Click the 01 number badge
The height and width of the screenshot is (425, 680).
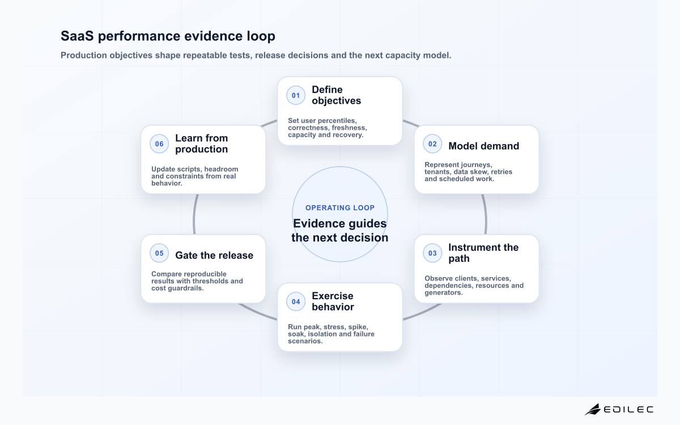[x=296, y=95]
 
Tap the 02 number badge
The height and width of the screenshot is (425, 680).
[x=432, y=144]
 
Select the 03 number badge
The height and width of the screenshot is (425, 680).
[x=432, y=253]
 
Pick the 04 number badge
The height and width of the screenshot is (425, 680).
[x=296, y=301]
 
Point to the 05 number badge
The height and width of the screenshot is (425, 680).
[x=159, y=253]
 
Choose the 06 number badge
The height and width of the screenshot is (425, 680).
[x=159, y=144]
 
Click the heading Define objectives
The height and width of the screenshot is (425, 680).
[x=337, y=95]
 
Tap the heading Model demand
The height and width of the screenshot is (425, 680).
[x=483, y=146]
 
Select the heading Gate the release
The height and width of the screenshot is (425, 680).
[x=214, y=256]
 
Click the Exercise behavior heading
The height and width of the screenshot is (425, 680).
[x=333, y=301]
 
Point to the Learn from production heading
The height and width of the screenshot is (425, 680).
[x=201, y=143]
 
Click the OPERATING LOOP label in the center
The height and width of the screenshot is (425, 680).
[x=339, y=207]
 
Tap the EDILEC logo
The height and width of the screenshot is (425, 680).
[x=619, y=409]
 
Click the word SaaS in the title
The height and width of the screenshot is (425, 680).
[x=77, y=36]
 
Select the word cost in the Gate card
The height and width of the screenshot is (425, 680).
[x=159, y=288]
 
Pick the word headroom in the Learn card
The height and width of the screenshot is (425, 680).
[x=224, y=169]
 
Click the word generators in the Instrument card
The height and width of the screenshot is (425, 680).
[x=444, y=292]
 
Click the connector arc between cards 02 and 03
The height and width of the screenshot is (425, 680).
[x=485, y=214]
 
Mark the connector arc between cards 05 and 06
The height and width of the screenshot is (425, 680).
[x=194, y=214]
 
